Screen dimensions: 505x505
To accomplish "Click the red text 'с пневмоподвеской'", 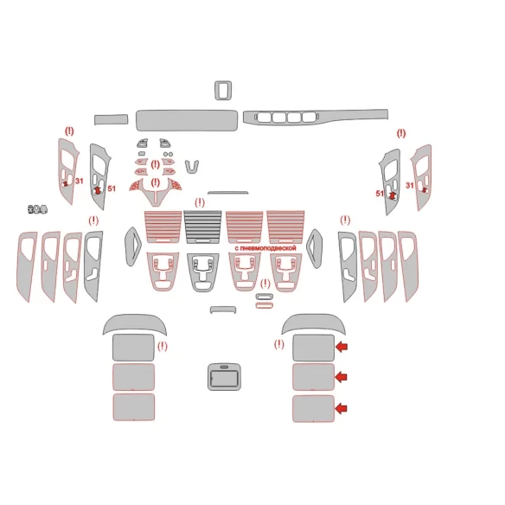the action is coord(265,248).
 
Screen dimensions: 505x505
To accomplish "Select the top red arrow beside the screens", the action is coord(342,347).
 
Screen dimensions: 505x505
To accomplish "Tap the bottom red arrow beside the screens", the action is coord(341,408).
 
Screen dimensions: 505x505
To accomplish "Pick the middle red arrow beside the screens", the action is coord(342,376).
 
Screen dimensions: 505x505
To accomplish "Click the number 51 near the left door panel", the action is coord(112,189).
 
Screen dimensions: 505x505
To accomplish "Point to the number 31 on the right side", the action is coord(409,186).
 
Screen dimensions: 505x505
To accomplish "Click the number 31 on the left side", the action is coord(80,181).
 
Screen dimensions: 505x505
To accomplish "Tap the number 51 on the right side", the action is coord(380,194).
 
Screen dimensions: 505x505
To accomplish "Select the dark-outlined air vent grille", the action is coord(202,227).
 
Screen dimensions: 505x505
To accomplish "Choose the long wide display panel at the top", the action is coord(187,120).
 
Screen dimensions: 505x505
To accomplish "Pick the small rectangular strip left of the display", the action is coord(111,119).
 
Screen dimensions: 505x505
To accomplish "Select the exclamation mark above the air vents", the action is coord(200,202).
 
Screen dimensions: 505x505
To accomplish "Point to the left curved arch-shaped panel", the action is coord(135,323).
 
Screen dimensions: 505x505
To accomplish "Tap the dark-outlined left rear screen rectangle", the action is coord(133,348).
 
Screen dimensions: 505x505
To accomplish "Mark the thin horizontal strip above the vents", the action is coord(228,193).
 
